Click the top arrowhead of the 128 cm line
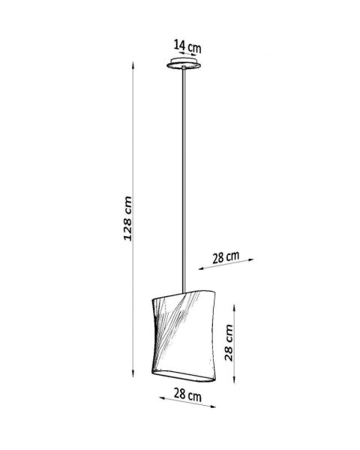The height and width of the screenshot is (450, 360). point(133,63)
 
